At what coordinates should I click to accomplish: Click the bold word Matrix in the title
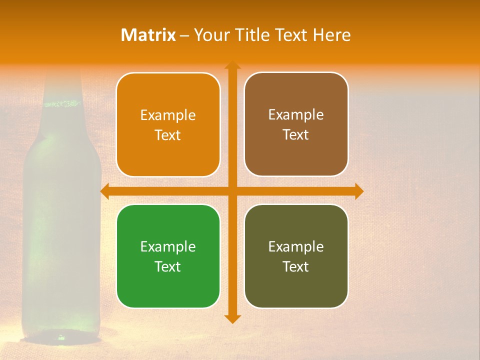148,35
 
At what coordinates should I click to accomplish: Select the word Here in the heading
331,35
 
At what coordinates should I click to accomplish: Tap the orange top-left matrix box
168,124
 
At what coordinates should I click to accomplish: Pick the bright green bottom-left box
168,256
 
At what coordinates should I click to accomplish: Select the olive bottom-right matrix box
296,256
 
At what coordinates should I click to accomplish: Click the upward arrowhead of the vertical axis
232,65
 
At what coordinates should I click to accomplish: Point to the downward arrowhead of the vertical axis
232,318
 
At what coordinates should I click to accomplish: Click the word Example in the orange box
168,115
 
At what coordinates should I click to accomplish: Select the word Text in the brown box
296,135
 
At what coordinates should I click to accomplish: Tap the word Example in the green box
168,247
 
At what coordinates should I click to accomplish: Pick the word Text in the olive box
296,267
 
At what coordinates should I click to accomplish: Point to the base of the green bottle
62,335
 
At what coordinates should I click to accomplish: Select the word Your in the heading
210,35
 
